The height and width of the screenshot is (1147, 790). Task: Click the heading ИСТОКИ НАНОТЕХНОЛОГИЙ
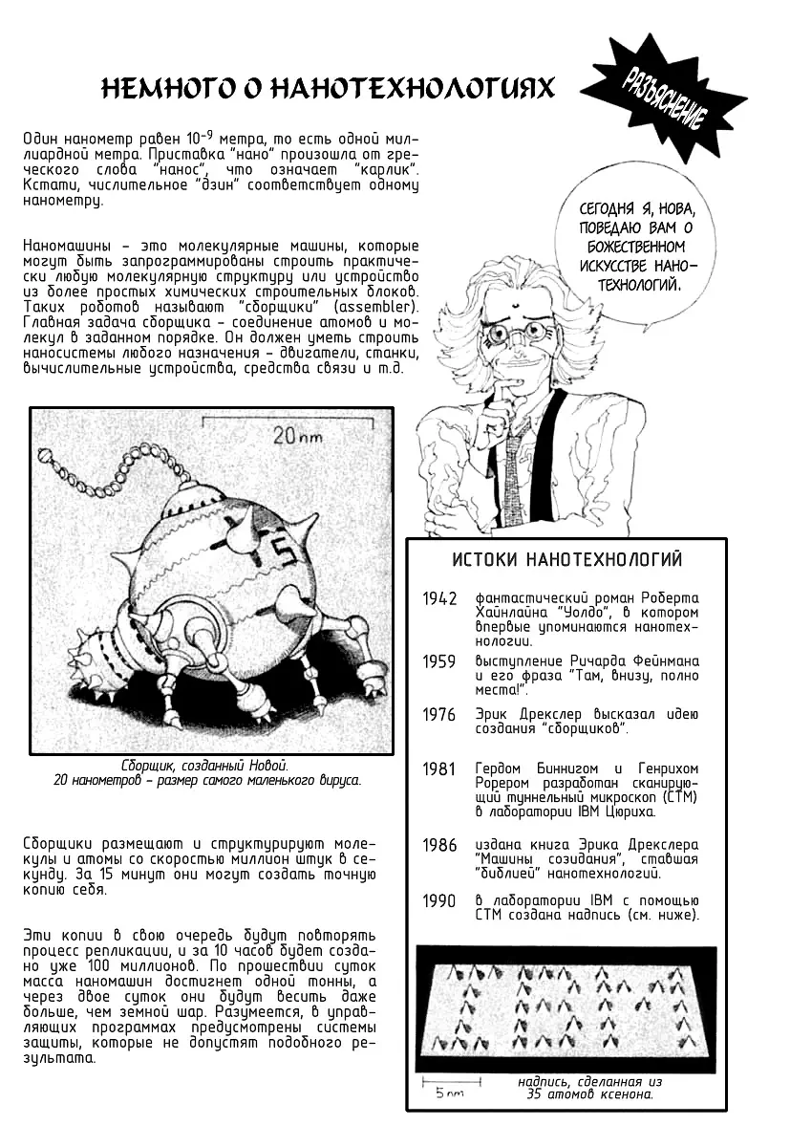click(x=567, y=559)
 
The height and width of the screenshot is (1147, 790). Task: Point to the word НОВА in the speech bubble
click(x=681, y=209)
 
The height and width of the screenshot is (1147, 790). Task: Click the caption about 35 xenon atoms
click(x=588, y=1088)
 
